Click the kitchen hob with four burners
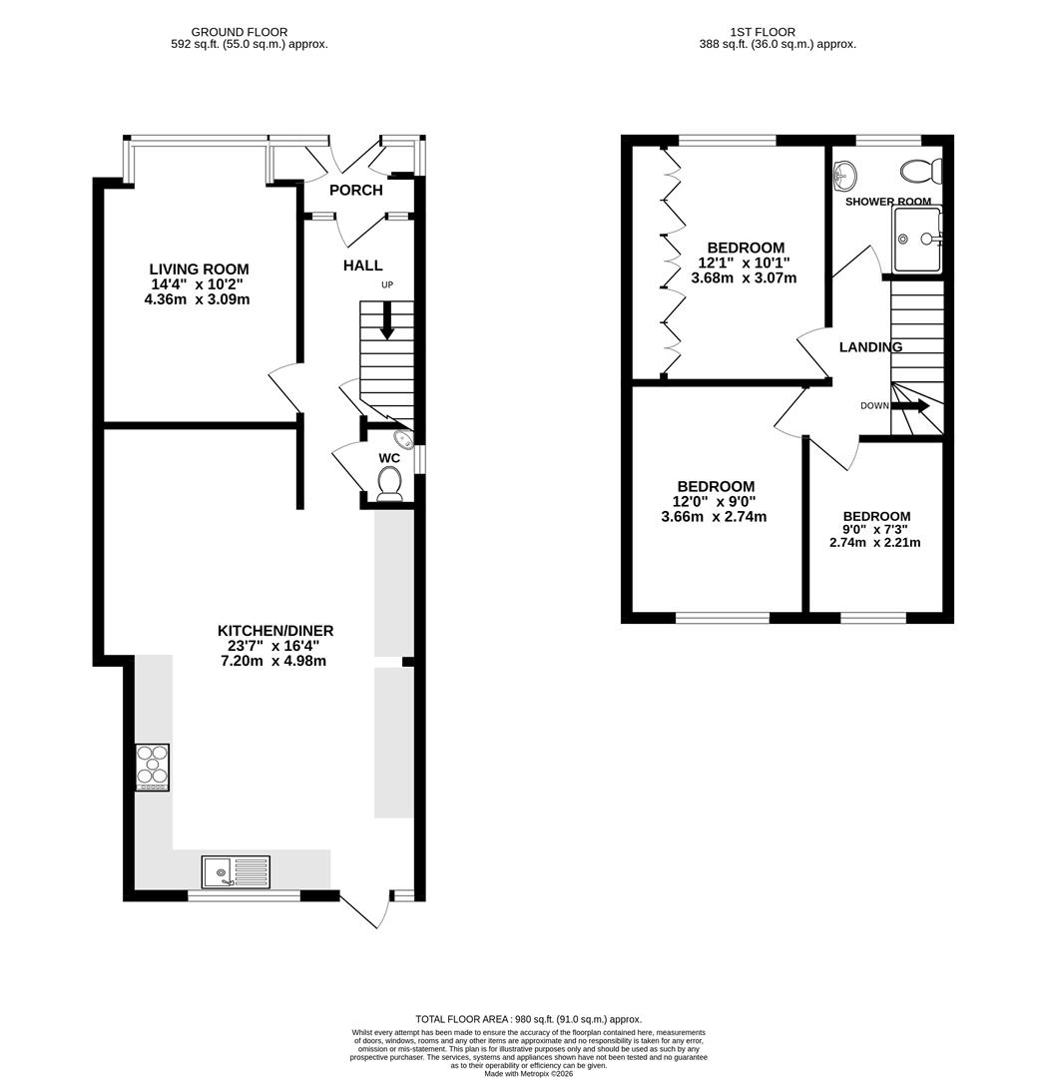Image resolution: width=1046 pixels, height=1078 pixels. [x=152, y=768]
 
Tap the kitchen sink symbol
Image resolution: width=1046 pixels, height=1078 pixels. [x=235, y=871]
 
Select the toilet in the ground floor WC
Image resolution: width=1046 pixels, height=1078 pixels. [x=389, y=483]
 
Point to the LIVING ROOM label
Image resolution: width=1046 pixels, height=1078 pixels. [x=199, y=269]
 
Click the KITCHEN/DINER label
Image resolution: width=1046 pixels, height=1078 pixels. [x=275, y=631]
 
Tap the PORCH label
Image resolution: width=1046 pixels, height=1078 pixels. [x=355, y=191]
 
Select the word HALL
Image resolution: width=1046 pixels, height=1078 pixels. [x=362, y=266]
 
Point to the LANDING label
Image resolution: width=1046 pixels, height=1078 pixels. [x=870, y=347]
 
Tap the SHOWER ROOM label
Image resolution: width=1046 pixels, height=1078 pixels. [x=887, y=202]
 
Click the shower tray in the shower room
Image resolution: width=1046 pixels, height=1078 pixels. [x=916, y=240]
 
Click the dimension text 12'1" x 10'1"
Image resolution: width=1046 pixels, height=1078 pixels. [x=746, y=264]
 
